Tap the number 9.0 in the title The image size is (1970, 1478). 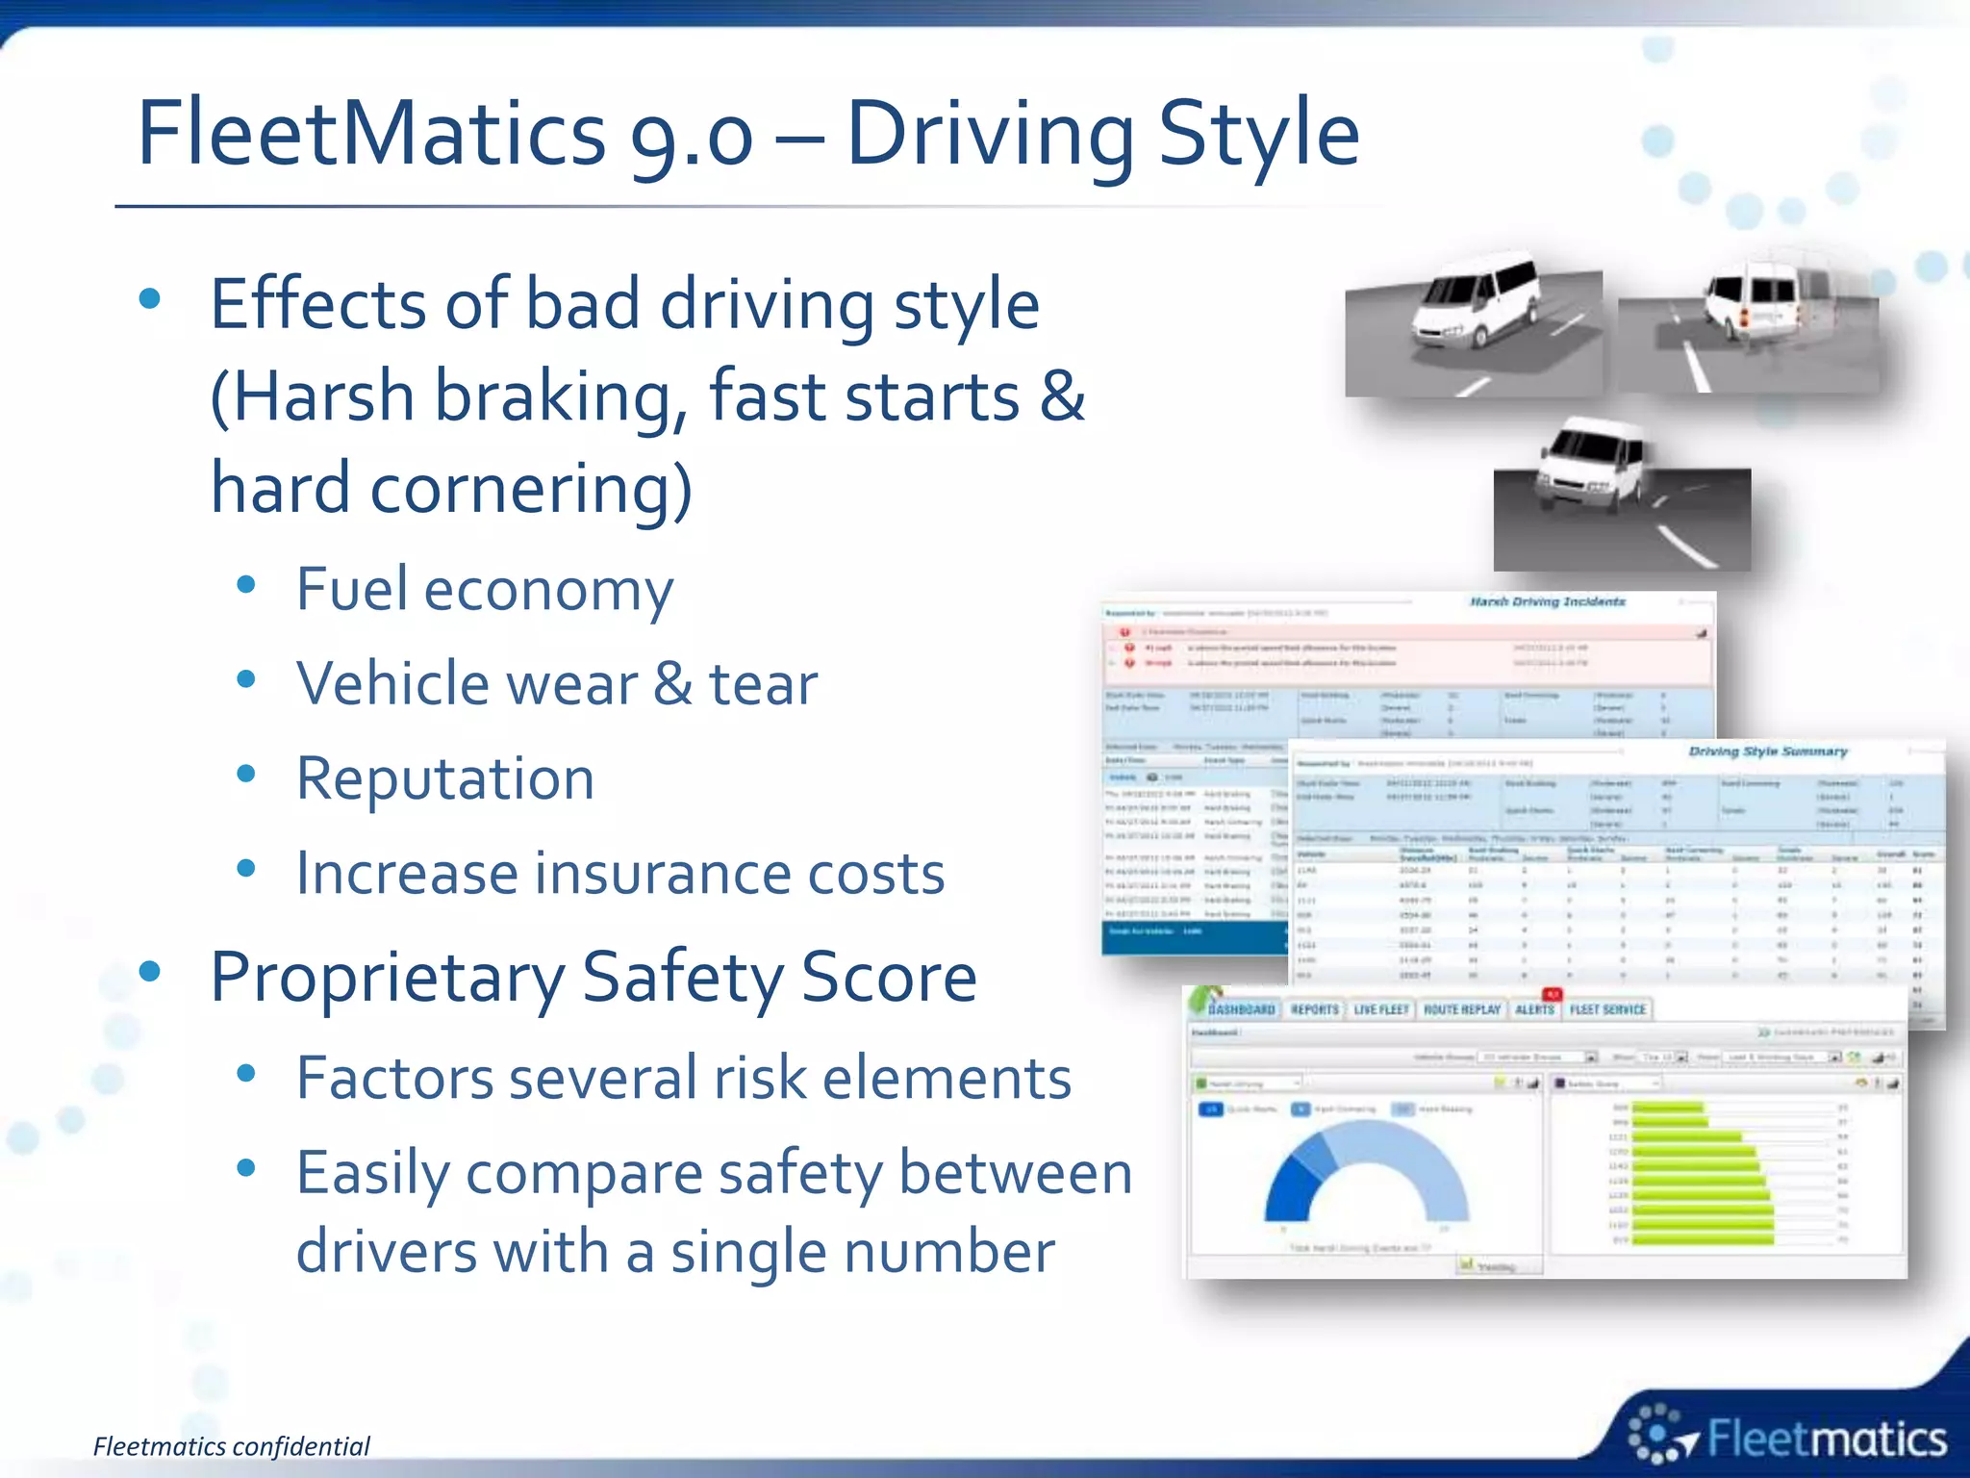click(691, 135)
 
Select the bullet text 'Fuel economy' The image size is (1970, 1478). click(484, 589)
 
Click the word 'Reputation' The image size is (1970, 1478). click(445, 778)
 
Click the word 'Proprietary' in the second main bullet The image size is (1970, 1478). click(387, 978)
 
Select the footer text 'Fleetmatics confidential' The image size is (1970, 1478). click(231, 1446)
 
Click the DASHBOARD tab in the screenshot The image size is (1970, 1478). click(1241, 1009)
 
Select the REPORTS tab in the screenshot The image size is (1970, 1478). click(1314, 1009)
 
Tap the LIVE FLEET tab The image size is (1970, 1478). click(1380, 1009)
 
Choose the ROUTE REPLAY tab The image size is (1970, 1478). click(1461, 1009)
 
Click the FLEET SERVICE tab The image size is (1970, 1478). click(1607, 1009)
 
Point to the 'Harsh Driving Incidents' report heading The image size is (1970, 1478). click(1547, 601)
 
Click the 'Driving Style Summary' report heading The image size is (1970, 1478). click(1767, 751)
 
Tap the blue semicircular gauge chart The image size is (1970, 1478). click(1366, 1174)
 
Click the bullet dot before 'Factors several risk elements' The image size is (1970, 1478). click(246, 1074)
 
